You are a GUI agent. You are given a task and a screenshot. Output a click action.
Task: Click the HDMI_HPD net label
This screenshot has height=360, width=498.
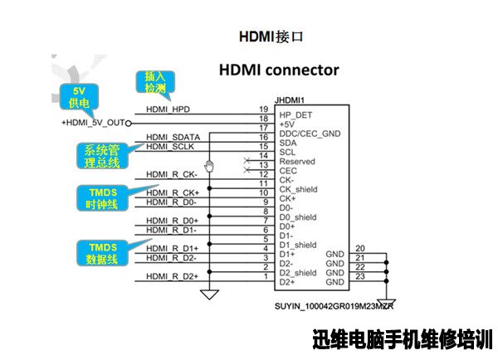pyautogui.click(x=168, y=109)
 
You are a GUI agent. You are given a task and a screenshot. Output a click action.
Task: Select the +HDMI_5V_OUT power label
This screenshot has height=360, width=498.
pyautogui.click(x=93, y=123)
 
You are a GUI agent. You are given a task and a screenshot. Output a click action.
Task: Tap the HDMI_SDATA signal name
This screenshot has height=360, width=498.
pyautogui.click(x=173, y=137)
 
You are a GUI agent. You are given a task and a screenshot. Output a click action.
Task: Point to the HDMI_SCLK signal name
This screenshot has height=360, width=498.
pyautogui.click(x=170, y=146)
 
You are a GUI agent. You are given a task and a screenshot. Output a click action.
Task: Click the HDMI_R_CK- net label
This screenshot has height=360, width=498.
pyautogui.click(x=172, y=174)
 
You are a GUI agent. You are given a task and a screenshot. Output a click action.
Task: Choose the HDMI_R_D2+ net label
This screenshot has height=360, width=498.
pyautogui.click(x=172, y=276)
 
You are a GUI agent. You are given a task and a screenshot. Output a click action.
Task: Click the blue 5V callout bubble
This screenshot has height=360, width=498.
pyautogui.click(x=79, y=97)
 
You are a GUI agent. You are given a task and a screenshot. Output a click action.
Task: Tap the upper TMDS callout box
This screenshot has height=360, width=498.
pyautogui.click(x=102, y=198)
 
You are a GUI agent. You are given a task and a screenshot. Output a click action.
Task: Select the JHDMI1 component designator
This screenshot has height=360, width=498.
pyautogui.click(x=290, y=100)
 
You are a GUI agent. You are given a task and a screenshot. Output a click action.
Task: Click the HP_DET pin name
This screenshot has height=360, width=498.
pyautogui.click(x=295, y=115)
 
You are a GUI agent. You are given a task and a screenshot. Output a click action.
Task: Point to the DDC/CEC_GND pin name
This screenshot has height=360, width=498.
pyautogui.click(x=310, y=134)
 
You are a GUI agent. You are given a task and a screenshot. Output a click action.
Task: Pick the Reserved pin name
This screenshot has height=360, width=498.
pyautogui.click(x=297, y=161)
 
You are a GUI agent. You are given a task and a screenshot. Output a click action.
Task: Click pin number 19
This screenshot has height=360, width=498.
pyautogui.click(x=264, y=109)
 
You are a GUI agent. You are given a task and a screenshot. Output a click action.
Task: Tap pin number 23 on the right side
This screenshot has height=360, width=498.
pyautogui.click(x=360, y=276)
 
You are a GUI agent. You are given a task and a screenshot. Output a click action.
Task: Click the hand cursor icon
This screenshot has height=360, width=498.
pyautogui.click(x=209, y=166)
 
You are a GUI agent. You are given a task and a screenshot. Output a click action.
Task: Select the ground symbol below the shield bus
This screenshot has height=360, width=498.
pyautogui.click(x=210, y=294)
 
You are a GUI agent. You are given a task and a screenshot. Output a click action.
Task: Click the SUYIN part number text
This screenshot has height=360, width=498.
pyautogui.click(x=334, y=306)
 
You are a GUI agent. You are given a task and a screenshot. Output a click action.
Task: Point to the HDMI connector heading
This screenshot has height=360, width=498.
pyautogui.click(x=279, y=70)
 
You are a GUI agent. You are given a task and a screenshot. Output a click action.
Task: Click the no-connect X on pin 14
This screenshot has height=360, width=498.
pyautogui.click(x=247, y=161)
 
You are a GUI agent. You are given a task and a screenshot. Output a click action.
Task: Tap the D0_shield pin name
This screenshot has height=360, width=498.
pyautogui.click(x=298, y=217)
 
